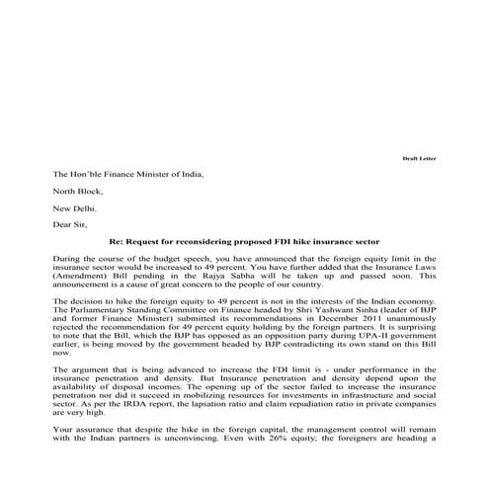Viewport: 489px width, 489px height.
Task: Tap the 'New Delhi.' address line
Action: pos(75,207)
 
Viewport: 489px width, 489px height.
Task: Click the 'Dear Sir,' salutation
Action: pos(70,224)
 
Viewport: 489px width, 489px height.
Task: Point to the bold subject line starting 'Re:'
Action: pos(244,241)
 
